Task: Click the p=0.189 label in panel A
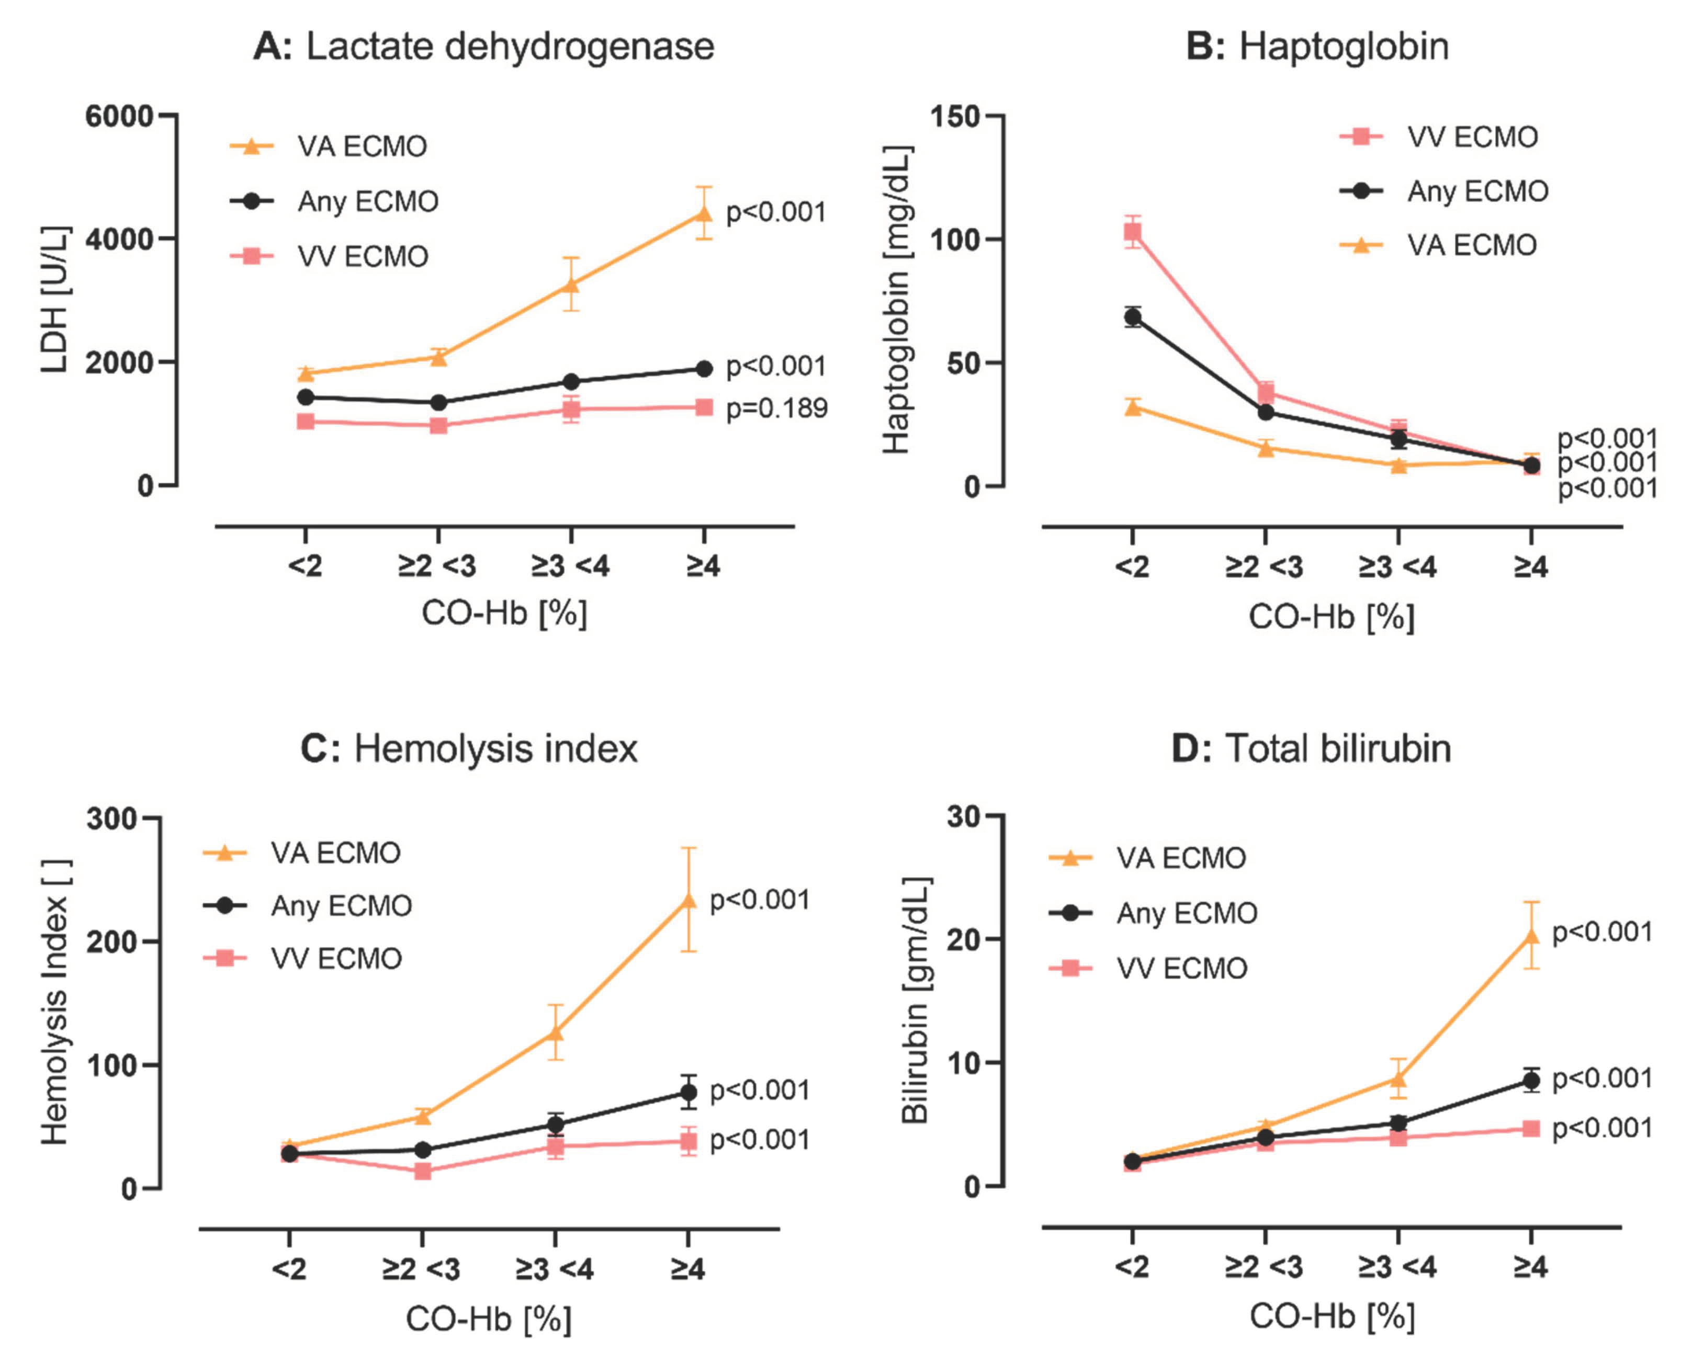[x=776, y=408]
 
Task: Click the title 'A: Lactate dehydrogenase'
[x=483, y=46]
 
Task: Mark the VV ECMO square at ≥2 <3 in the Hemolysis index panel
[x=423, y=1171]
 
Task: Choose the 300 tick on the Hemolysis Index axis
[x=110, y=818]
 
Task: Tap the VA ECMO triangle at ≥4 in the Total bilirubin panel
[x=1531, y=937]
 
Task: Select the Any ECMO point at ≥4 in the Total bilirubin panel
[x=1531, y=1081]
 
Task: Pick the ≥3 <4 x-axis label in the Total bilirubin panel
[x=1397, y=1267]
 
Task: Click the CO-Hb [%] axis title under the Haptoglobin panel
[x=1331, y=617]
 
